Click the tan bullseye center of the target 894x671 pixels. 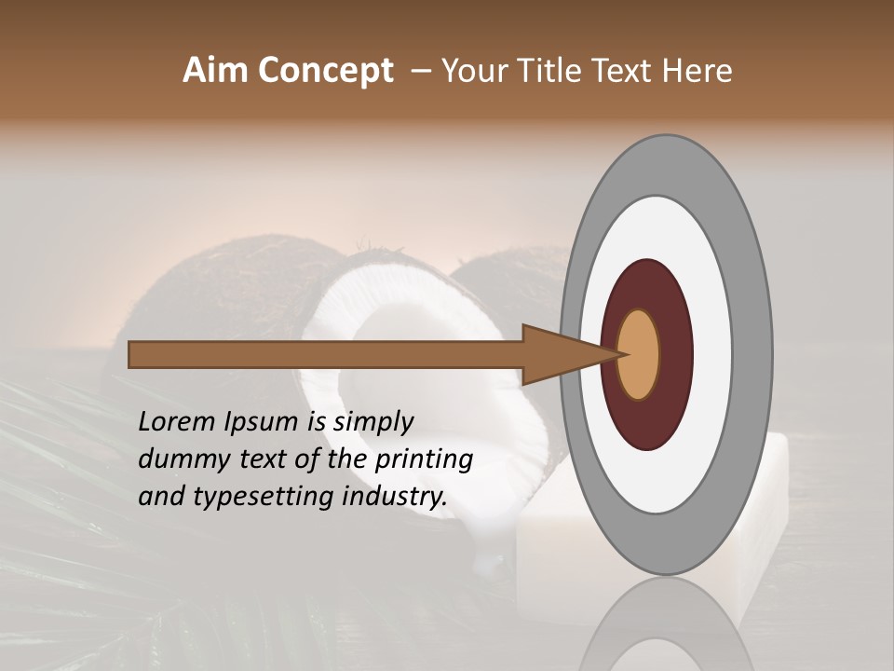[x=639, y=354]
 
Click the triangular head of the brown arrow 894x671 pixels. [x=559, y=354]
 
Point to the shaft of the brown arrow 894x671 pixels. [x=326, y=354]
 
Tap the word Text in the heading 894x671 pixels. [x=629, y=71]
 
